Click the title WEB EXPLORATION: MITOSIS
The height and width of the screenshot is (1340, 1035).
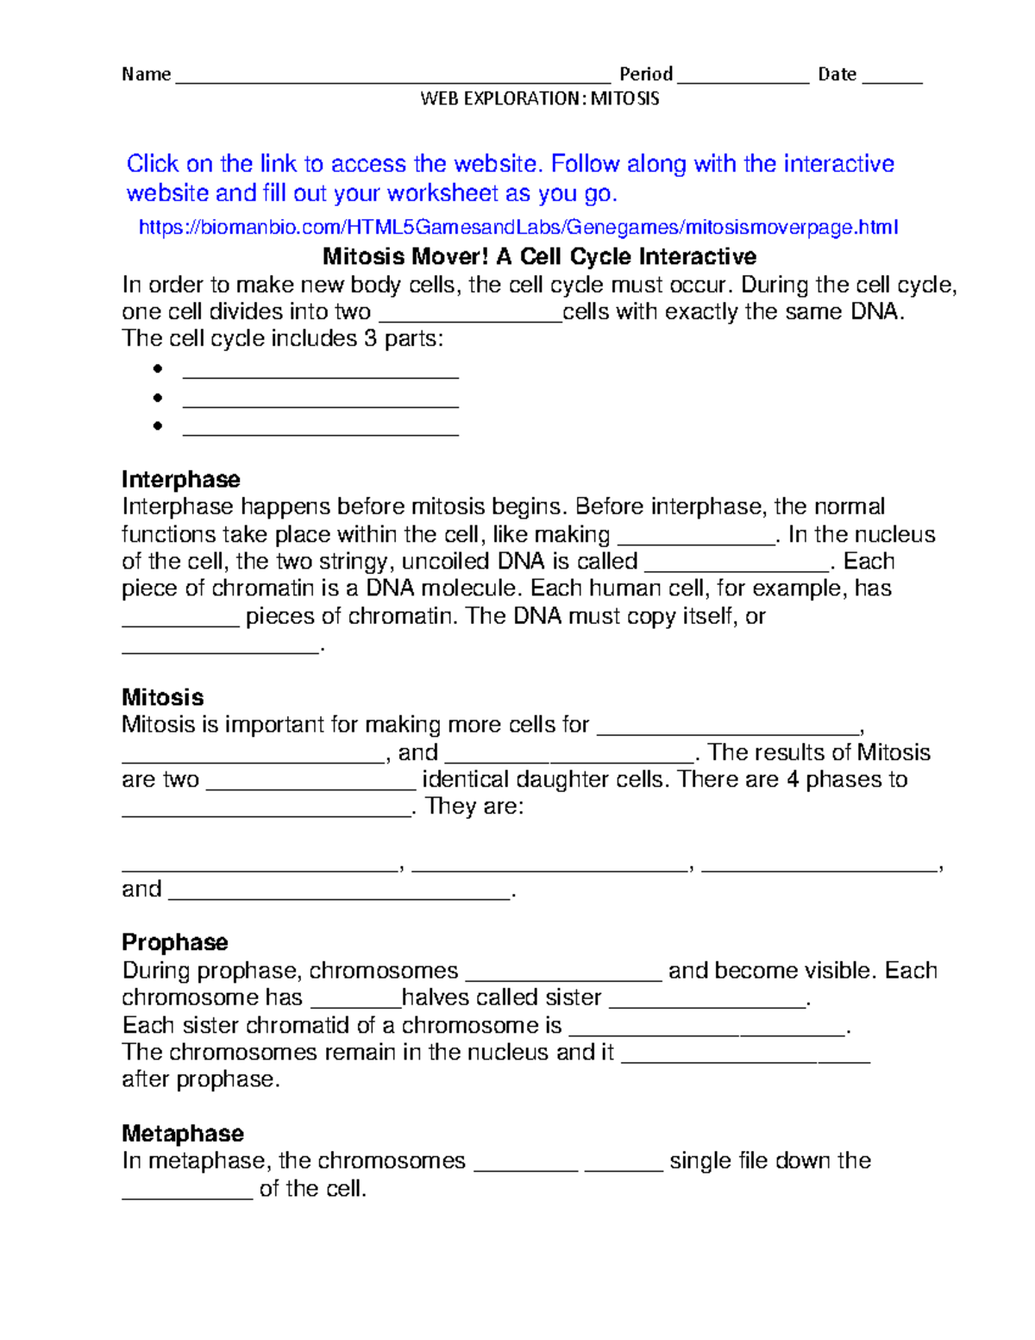[x=539, y=98]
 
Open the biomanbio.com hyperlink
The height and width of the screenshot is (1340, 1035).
[x=518, y=227]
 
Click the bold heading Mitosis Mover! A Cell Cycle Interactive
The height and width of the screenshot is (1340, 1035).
[x=539, y=256]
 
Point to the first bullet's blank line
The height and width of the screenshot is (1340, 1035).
[x=320, y=375]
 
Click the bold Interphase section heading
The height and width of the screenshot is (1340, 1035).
[x=181, y=479]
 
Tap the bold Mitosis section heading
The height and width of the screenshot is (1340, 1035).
[x=163, y=697]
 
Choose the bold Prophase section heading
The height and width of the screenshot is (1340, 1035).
[x=175, y=941]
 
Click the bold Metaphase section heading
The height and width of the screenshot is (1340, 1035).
[x=183, y=1133]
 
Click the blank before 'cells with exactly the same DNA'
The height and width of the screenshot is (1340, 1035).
[x=470, y=318]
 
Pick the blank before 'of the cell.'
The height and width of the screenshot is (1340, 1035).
[x=187, y=1195]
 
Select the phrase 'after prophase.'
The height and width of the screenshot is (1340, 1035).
[x=201, y=1079]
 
